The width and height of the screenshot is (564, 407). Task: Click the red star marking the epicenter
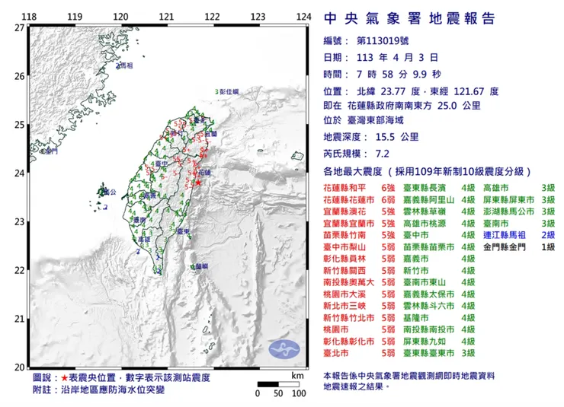[198, 183]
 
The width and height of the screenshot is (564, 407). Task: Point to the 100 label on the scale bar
[299, 393]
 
